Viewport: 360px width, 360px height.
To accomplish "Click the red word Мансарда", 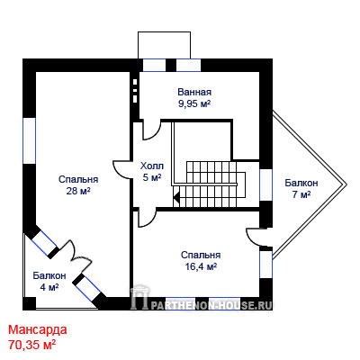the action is click(x=38, y=330).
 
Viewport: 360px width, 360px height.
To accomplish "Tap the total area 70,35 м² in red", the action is click(x=32, y=345).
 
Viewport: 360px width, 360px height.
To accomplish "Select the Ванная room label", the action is click(x=194, y=92).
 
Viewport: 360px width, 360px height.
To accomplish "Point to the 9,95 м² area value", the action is click(x=194, y=103).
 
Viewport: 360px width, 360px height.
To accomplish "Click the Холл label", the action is click(x=152, y=166).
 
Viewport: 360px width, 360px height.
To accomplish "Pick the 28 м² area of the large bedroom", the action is click(x=78, y=191).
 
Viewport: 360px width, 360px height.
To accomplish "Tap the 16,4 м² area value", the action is click(x=201, y=266).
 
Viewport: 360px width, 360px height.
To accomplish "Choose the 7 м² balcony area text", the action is click(x=301, y=194).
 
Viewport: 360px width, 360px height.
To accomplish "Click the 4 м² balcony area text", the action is click(x=49, y=287).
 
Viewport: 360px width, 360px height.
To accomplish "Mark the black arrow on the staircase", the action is click(x=176, y=197).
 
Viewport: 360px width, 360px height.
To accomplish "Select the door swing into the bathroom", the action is click(x=151, y=130).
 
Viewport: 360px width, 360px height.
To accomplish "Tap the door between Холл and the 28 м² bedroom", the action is click(x=123, y=169).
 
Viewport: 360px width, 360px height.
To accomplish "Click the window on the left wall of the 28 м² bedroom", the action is click(x=30, y=140).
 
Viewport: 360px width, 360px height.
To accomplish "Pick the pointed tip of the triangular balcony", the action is click(x=346, y=184).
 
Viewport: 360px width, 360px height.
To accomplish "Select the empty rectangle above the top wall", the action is click(x=164, y=45).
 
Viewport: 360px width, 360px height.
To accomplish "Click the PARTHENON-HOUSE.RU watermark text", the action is click(x=211, y=305).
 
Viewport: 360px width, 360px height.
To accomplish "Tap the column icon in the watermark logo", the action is click(x=139, y=298).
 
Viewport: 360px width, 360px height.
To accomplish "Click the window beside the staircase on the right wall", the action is click(x=265, y=184).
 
